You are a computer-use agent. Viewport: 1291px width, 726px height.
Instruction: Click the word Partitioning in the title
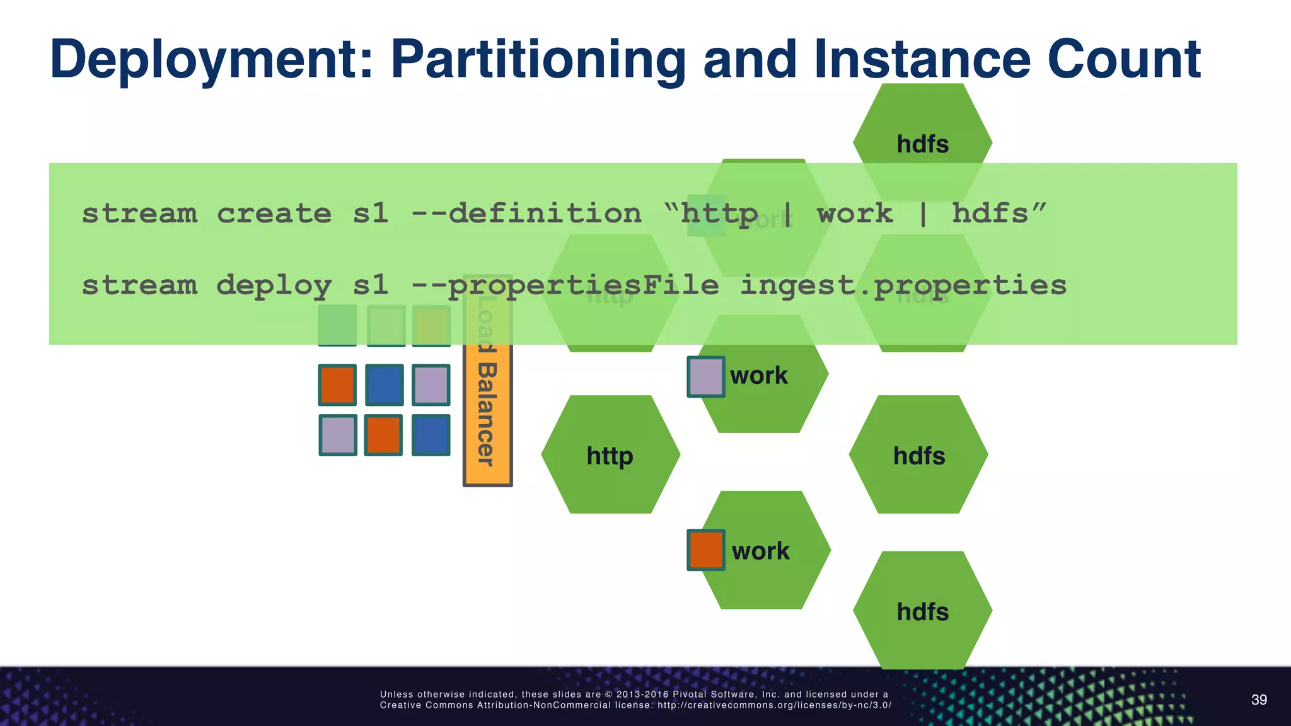(537, 60)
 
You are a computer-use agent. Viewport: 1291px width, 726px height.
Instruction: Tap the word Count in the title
(1123, 60)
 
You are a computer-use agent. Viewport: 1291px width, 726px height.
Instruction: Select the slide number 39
(1258, 700)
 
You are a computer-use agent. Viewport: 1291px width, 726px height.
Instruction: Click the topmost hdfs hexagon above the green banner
(922, 132)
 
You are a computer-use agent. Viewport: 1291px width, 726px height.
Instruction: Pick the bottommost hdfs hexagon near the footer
(922, 611)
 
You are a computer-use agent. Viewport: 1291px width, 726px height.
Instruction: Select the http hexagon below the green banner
(610, 455)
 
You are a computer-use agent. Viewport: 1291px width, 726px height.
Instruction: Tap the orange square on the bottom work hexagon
(705, 550)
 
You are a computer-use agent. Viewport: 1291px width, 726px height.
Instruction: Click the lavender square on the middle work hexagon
(705, 377)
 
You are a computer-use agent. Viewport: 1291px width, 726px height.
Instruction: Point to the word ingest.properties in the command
(903, 285)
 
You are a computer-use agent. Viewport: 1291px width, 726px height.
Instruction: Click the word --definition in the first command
(526, 214)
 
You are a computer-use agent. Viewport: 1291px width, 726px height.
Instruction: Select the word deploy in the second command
(274, 285)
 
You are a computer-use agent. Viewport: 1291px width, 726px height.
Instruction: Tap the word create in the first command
(274, 214)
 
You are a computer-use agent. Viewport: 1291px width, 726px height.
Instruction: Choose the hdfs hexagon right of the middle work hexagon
(918, 455)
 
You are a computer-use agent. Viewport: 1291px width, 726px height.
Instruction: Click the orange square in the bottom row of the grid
(383, 435)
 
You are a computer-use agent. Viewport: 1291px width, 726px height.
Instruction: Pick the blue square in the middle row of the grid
(384, 384)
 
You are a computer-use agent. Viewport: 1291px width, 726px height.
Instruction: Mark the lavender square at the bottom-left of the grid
(338, 435)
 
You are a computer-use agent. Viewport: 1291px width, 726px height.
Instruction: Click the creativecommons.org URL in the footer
(774, 705)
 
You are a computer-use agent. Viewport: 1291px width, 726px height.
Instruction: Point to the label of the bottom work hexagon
(760, 551)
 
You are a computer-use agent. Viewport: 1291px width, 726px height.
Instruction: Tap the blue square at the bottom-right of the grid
(431, 435)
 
